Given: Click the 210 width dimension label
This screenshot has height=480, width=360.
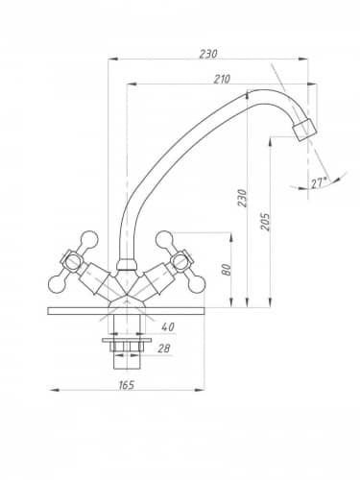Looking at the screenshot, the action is click(222, 79).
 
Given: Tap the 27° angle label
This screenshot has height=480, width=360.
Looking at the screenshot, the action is click(319, 183).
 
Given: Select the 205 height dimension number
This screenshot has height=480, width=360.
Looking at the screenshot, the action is click(265, 221).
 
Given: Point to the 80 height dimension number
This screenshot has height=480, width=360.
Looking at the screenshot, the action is click(227, 270).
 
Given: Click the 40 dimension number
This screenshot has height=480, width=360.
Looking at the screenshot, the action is click(168, 326).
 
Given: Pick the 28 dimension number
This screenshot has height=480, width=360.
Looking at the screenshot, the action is click(164, 348).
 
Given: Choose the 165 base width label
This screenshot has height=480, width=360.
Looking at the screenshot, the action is click(127, 385).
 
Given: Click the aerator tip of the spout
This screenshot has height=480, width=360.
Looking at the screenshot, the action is click(305, 129).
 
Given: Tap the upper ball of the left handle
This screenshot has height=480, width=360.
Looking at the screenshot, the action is click(88, 240).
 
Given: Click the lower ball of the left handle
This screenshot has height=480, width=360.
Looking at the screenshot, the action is click(58, 284).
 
